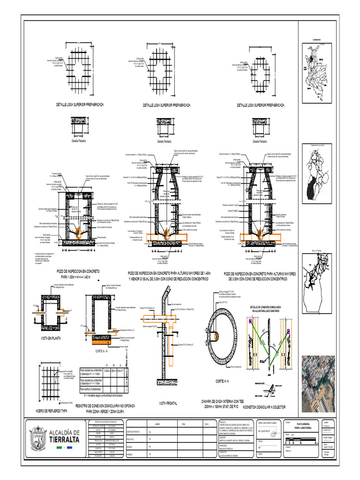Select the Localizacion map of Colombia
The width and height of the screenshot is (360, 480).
click(318, 70)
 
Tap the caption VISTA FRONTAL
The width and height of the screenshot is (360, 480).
click(167, 403)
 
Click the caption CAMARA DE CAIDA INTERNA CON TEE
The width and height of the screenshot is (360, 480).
click(222, 402)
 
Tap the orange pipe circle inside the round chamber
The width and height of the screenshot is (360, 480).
click(216, 336)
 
